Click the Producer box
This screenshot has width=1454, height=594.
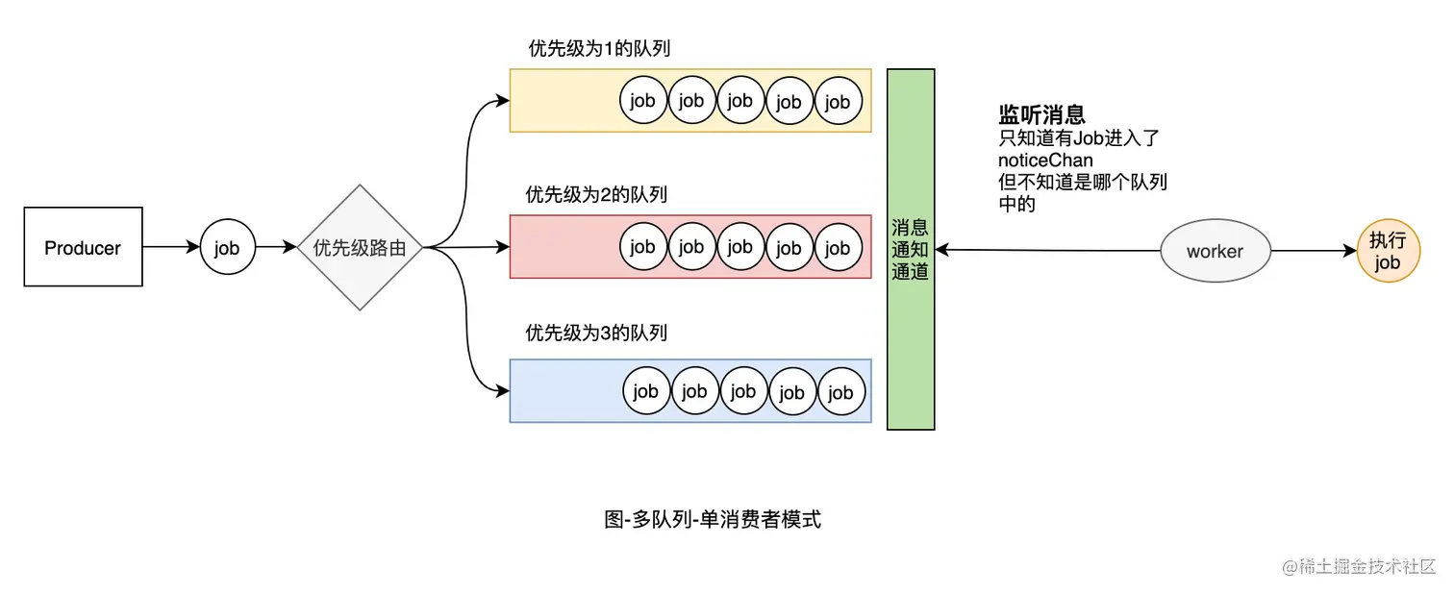click(83, 247)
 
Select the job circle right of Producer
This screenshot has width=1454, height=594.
click(227, 248)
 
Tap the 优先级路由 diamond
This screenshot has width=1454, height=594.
click(360, 248)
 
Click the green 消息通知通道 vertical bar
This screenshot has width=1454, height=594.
click(910, 249)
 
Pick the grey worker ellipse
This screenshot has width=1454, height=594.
click(1215, 251)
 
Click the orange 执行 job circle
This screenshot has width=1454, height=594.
click(1388, 251)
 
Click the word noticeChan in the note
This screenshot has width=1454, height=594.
click(1045, 161)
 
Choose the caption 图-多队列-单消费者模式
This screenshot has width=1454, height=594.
click(713, 520)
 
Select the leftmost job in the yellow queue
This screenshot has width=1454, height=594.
click(643, 101)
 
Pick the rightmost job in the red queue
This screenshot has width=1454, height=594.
click(839, 248)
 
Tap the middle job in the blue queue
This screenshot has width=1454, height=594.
click(743, 391)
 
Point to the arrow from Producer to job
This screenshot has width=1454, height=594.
click(171, 248)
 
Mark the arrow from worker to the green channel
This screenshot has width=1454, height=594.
click(1048, 250)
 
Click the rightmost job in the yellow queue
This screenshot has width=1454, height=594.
click(839, 101)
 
